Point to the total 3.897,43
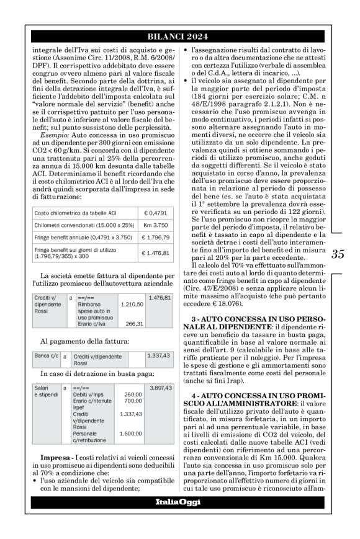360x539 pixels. [160, 387]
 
